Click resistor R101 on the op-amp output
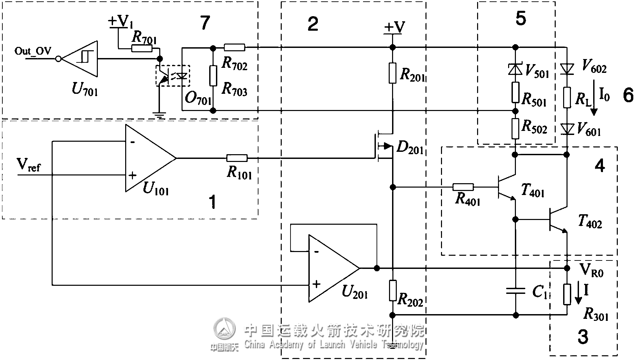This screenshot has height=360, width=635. pyautogui.click(x=237, y=158)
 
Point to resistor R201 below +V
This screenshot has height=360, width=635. pyautogui.click(x=392, y=73)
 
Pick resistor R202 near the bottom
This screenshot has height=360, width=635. pyautogui.click(x=392, y=290)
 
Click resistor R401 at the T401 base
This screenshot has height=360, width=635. pyautogui.click(x=463, y=187)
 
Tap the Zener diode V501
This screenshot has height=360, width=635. pyautogui.click(x=515, y=69)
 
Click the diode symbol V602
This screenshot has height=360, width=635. pyautogui.click(x=567, y=69)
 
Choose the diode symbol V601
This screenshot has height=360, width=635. pyautogui.click(x=567, y=129)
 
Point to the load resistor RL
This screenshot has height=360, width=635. pyautogui.click(x=567, y=98)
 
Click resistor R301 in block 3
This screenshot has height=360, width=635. pyautogui.click(x=567, y=294)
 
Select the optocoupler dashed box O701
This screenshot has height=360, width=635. pyautogui.click(x=172, y=76)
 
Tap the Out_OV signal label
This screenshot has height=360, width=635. pyautogui.click(x=33, y=51)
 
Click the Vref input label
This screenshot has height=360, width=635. pyautogui.click(x=29, y=165)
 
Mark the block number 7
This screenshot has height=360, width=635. pyautogui.click(x=205, y=23)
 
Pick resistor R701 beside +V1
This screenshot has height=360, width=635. pyautogui.click(x=141, y=49)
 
